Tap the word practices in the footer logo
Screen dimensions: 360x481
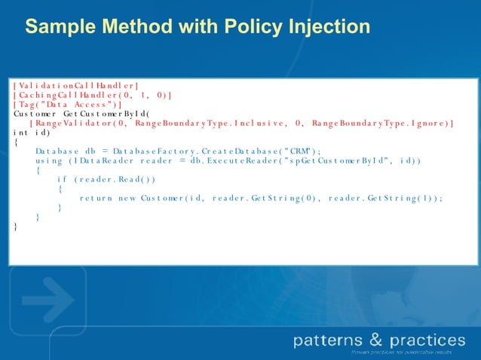pos(424,340)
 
